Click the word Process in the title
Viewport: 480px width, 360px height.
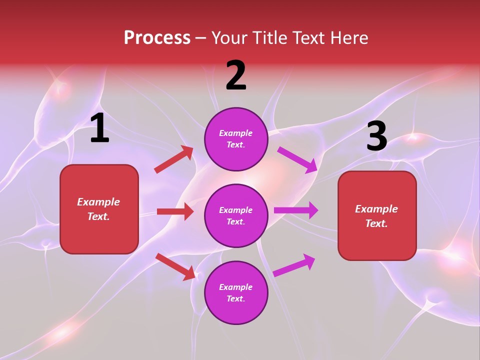tap(157, 38)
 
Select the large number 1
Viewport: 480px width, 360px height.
tap(99, 128)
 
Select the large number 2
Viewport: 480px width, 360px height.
tap(236, 75)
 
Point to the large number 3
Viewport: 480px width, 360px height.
tap(376, 136)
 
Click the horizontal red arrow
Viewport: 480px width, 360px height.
tap(175, 211)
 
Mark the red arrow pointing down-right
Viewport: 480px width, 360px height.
tap(175, 266)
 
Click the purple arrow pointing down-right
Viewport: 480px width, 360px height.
tap(297, 159)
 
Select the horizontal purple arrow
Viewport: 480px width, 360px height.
tap(296, 210)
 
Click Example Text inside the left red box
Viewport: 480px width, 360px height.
tap(98, 209)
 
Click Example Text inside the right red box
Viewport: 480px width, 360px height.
tap(376, 216)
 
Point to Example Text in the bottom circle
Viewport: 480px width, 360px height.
tap(236, 292)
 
